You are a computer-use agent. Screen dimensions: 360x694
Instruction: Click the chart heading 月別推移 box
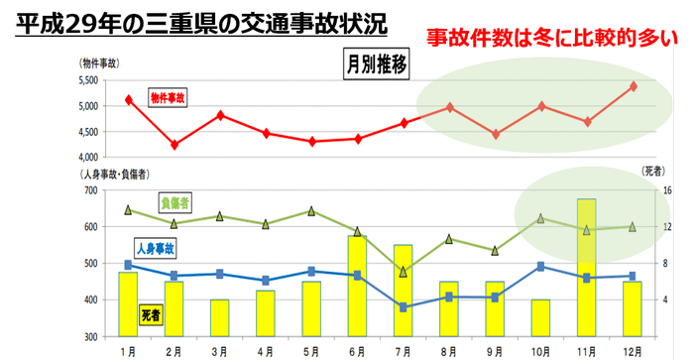[x=376, y=65]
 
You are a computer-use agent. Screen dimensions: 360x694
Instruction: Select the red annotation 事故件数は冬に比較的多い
[x=552, y=38]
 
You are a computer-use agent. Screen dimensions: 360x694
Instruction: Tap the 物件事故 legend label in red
[x=168, y=97]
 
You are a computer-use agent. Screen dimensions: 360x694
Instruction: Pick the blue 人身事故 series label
[x=156, y=249]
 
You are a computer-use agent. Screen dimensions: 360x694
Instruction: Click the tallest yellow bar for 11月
[x=587, y=268]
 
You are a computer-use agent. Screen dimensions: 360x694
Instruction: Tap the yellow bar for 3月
[x=220, y=317]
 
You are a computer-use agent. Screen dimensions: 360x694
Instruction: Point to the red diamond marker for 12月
[x=633, y=86]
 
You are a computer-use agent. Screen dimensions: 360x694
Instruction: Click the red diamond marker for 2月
[x=174, y=145]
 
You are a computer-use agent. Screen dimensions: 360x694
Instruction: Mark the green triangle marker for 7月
[x=404, y=272]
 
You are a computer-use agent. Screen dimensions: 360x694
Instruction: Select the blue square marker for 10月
[x=540, y=266]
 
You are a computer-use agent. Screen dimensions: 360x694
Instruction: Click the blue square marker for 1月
[x=129, y=265]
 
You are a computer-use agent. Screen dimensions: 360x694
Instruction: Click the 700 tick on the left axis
[x=90, y=190]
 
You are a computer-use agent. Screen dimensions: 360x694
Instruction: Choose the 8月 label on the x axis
[x=449, y=351]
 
